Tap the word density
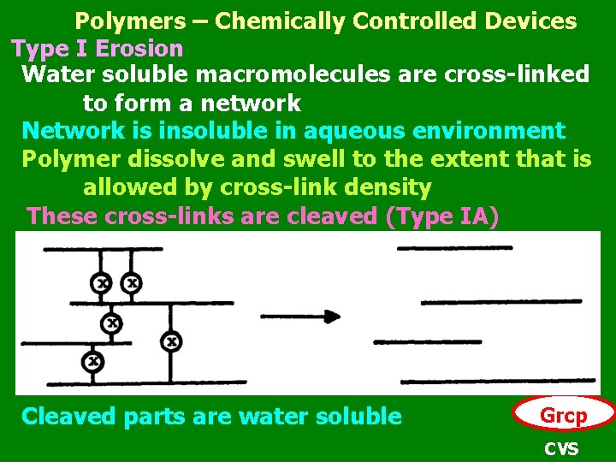(x=385, y=187)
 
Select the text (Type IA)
(x=441, y=216)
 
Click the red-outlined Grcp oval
(x=563, y=416)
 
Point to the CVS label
(x=561, y=448)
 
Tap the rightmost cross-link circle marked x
(x=172, y=341)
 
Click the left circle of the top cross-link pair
(x=103, y=281)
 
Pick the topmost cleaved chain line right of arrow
(x=453, y=248)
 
